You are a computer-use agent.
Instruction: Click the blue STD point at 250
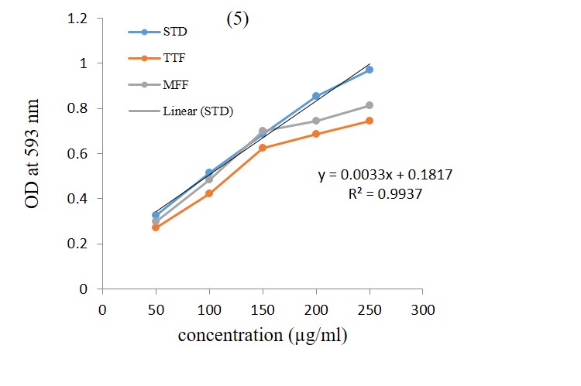[x=370, y=70]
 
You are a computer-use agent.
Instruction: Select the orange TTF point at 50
[x=156, y=227]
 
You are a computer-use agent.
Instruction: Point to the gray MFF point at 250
[x=370, y=105]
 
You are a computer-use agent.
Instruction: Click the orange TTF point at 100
[x=209, y=193]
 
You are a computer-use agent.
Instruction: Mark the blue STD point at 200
[x=316, y=96]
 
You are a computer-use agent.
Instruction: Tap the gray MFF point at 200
[x=316, y=121]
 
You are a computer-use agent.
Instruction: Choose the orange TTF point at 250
[x=370, y=121]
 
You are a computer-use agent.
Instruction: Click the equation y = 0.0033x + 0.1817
[x=385, y=176]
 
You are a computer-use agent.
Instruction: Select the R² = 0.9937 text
[x=385, y=194]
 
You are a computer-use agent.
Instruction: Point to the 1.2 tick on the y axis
[x=77, y=18]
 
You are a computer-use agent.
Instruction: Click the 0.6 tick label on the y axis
[x=77, y=154]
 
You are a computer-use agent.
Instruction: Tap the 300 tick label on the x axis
[x=422, y=309]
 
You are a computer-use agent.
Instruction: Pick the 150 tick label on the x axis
[x=263, y=309]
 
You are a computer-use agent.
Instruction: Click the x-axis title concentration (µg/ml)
[x=263, y=336]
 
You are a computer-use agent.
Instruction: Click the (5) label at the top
[x=237, y=21]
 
